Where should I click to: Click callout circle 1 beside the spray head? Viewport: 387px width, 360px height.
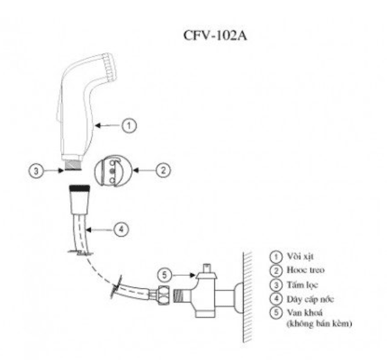(x=129, y=125)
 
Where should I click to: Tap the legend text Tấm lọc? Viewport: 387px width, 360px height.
(x=298, y=284)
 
